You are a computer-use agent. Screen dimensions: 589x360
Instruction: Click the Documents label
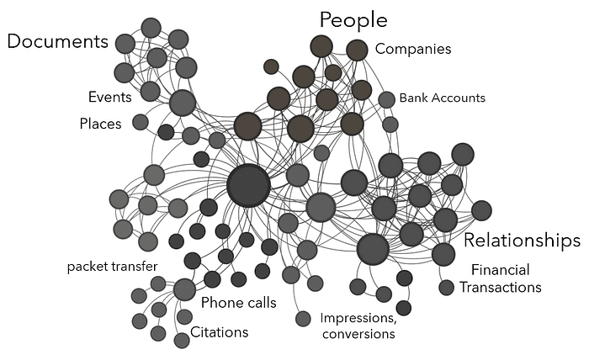(x=58, y=41)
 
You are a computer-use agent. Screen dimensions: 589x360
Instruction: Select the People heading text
(x=353, y=20)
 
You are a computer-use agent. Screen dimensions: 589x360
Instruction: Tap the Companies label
(x=412, y=49)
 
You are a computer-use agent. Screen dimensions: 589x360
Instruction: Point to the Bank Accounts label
(x=442, y=98)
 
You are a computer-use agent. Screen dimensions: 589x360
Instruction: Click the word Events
(x=109, y=97)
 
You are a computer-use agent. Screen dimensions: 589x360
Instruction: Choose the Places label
(x=100, y=124)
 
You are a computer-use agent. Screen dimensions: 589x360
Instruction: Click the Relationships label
(x=522, y=241)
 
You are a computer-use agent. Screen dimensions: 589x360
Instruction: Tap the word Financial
(x=500, y=270)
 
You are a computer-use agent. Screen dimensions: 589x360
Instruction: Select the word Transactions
(x=500, y=287)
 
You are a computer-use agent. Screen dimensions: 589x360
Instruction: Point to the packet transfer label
(x=112, y=267)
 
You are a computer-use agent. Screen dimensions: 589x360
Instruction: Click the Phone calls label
(x=238, y=303)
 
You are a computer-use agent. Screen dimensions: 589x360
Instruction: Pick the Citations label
(x=219, y=331)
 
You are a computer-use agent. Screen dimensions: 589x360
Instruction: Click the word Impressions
(x=357, y=318)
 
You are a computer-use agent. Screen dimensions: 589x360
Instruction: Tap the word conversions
(x=358, y=334)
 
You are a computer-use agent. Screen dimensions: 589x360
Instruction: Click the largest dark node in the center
(x=248, y=185)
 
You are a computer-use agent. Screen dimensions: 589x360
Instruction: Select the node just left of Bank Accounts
(x=386, y=99)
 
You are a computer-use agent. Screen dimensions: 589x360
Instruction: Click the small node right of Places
(x=141, y=122)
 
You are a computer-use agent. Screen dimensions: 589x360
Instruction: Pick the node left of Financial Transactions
(x=447, y=288)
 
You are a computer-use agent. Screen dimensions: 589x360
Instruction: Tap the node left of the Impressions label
(x=303, y=319)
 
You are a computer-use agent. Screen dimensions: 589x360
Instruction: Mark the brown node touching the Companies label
(x=357, y=50)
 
